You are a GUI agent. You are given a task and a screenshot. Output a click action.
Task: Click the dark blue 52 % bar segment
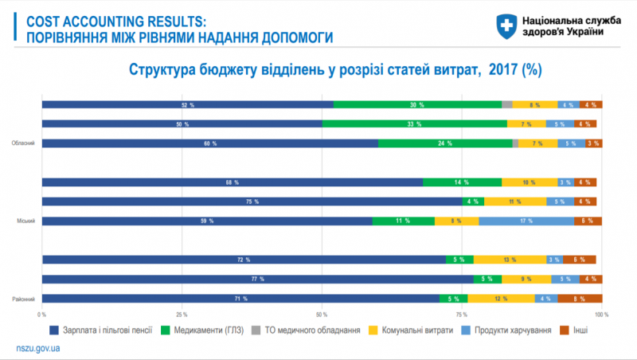coord(188,104)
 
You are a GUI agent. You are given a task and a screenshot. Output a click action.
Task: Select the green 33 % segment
coord(414,123)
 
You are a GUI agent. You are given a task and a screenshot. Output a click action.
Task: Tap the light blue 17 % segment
coord(526,221)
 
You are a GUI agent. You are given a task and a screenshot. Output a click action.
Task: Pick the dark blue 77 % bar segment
coord(257,279)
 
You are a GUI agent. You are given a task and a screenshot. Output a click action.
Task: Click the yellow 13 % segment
coord(510,260)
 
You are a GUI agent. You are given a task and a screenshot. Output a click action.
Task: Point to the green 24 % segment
coord(445,143)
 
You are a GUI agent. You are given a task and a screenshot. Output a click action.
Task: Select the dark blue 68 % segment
coord(232,182)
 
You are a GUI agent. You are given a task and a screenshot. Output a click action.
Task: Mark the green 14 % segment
coord(462,182)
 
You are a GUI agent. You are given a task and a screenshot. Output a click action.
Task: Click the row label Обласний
coord(22,143)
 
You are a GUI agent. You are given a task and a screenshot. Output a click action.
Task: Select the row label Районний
coord(22,299)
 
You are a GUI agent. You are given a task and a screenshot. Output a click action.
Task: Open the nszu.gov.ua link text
coord(39,349)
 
